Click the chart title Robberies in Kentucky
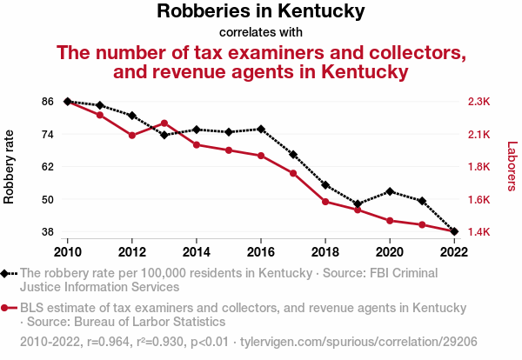(261, 12)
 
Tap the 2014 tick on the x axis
(197, 251)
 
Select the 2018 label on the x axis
(325, 251)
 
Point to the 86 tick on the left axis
(47, 102)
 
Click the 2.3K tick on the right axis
(479, 102)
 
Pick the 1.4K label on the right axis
(479, 232)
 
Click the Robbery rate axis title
(10, 167)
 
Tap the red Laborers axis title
(512, 167)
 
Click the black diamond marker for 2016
(261, 130)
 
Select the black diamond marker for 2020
(390, 191)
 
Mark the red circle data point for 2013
(164, 123)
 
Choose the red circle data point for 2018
(325, 202)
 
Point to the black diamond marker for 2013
(164, 135)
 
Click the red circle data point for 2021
(422, 225)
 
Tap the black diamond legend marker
(6, 273)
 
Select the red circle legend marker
(6, 308)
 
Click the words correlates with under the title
(261, 32)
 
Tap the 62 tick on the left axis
(47, 167)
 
